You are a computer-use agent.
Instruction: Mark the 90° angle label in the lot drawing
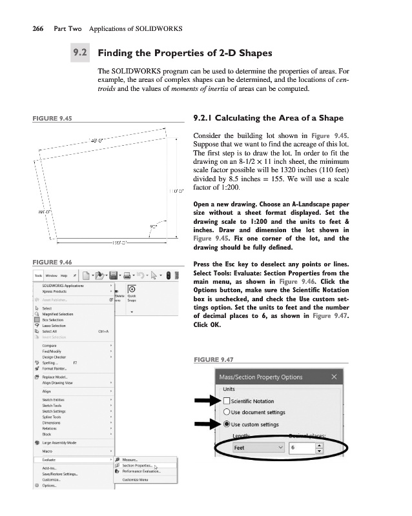click(153, 226)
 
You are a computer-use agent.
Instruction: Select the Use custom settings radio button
click(227, 424)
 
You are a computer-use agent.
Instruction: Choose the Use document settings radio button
click(227, 413)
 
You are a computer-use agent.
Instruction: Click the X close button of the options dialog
click(333, 377)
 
